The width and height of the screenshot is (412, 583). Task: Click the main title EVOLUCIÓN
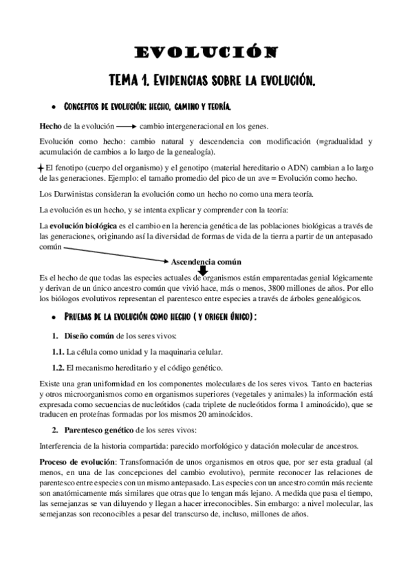click(206, 52)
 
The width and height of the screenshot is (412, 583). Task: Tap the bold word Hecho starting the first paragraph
click(50, 126)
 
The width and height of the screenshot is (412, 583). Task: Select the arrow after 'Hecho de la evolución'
click(125, 126)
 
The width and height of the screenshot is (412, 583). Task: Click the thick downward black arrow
click(203, 269)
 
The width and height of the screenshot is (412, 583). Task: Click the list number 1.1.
click(57, 351)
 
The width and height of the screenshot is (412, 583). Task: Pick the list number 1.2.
click(57, 367)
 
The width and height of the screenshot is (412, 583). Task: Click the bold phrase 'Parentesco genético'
click(98, 430)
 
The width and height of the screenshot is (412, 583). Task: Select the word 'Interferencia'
click(60, 445)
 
